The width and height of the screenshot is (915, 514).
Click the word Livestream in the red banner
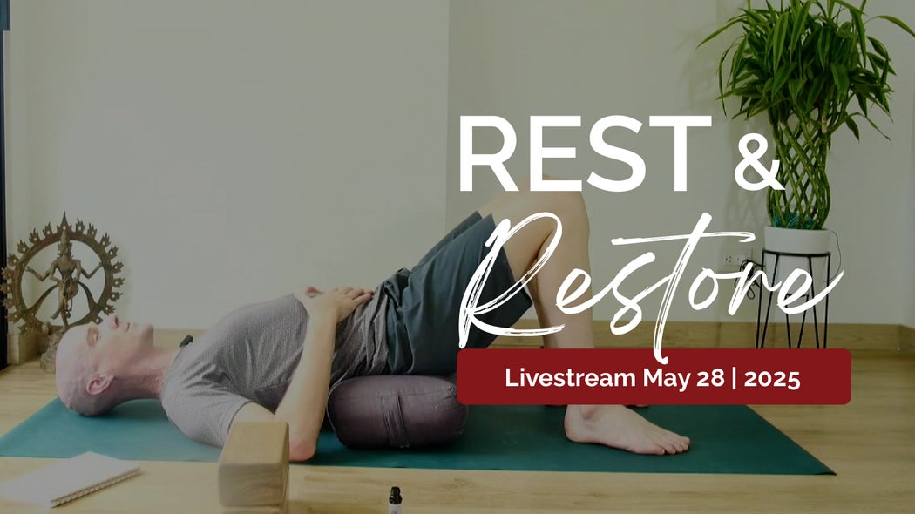571,378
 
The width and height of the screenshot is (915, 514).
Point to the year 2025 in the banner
771,378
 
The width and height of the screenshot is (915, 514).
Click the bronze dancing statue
63,274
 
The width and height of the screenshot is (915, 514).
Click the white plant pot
796,240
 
